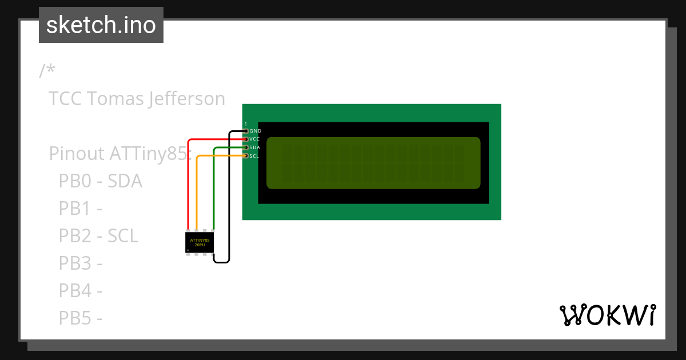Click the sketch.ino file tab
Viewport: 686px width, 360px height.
101,25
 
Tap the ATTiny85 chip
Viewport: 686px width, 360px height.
200,242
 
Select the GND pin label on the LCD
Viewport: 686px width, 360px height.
255,131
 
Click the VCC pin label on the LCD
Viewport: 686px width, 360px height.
255,139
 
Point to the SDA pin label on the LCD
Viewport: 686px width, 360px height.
255,147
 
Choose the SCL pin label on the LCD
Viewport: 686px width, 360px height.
255,155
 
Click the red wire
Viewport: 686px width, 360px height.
189,183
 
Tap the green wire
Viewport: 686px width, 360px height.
214,189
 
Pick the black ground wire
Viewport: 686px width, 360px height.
229,200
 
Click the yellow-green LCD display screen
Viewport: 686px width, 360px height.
373,163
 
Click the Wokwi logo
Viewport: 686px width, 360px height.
608,315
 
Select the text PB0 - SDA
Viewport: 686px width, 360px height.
100,181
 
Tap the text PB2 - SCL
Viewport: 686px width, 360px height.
98,235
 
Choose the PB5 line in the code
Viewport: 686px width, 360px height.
80,318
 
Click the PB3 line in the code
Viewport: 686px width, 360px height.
80,263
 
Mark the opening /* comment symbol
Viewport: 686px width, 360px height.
47,71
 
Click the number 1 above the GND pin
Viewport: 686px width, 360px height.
246,124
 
